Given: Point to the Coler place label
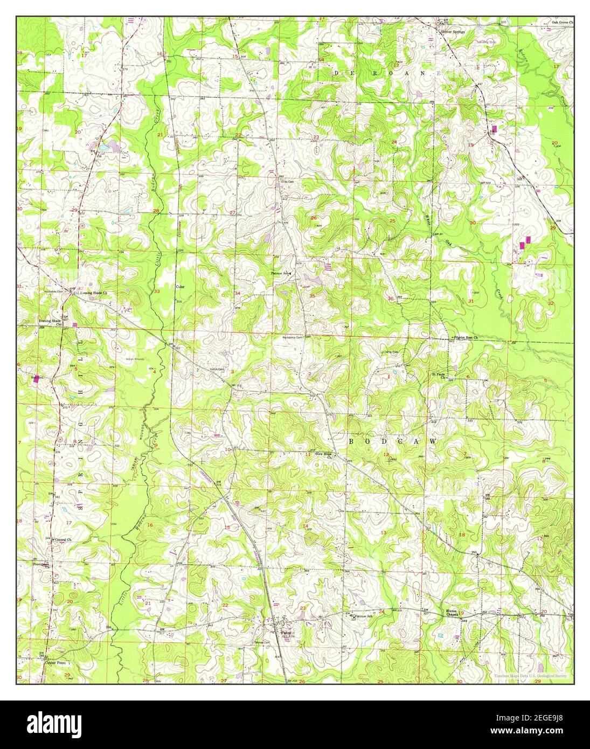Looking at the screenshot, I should tap(180, 287).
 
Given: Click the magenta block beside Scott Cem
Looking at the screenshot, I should tap(37, 378).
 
